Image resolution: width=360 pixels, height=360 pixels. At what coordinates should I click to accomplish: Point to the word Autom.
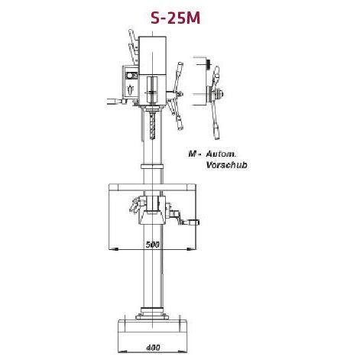coord(226,154)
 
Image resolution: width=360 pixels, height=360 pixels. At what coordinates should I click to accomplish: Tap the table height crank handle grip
coord(196,222)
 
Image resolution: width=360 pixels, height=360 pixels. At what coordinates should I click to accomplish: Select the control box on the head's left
coord(128,80)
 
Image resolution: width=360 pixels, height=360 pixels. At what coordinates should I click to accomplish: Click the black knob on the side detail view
coord(208,64)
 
